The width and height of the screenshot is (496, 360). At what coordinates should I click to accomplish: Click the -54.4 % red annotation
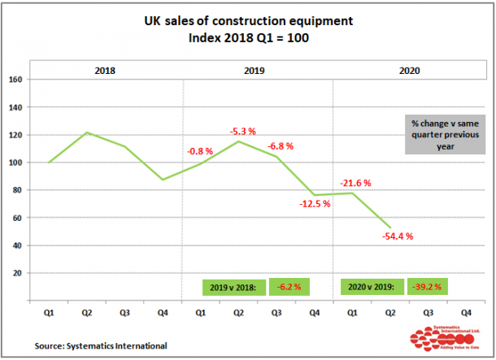(x=398, y=236)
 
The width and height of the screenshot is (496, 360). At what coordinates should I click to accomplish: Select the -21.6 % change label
(x=356, y=184)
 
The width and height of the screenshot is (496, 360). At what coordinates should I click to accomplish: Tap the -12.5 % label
(x=314, y=204)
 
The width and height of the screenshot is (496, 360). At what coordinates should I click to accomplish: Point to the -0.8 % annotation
(x=200, y=151)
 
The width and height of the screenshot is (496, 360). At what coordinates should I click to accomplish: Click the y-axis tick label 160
(x=15, y=80)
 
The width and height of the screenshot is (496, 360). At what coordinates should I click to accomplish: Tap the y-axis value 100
(x=15, y=163)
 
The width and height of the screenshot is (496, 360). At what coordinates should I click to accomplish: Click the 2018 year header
(x=105, y=71)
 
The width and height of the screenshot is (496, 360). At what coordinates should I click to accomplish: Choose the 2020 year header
(x=410, y=71)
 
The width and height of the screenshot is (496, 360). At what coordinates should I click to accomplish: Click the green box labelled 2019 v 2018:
(x=234, y=287)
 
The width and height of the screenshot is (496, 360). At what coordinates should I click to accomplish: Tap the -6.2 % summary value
(x=286, y=287)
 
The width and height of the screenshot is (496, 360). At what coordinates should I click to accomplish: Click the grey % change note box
(x=444, y=134)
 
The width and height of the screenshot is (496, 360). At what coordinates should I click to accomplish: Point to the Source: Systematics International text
(x=100, y=346)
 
